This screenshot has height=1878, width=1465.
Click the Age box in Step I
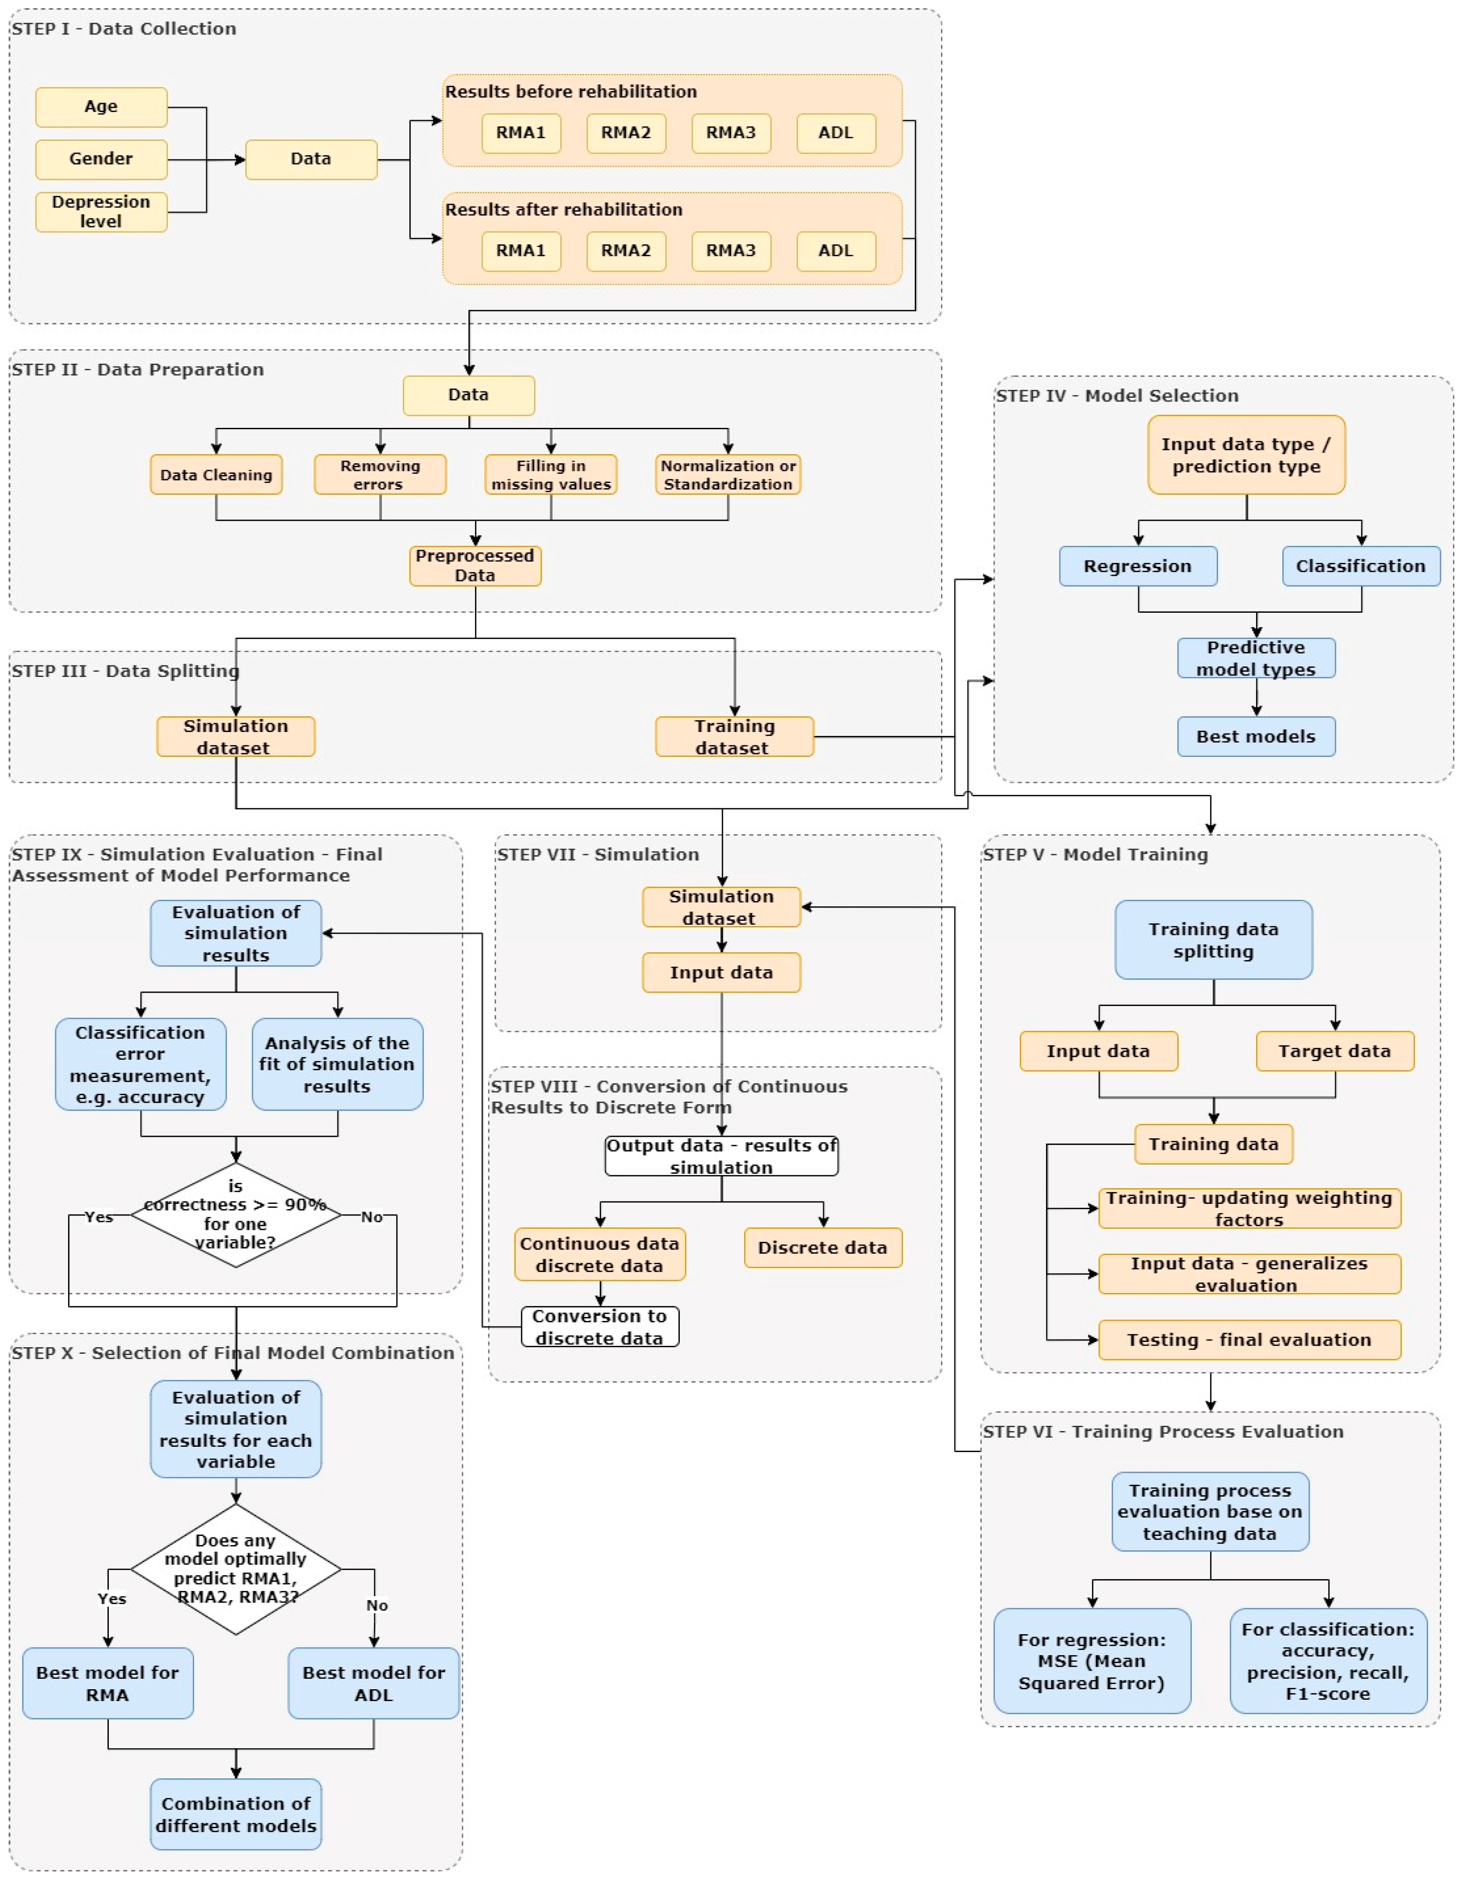[x=101, y=107]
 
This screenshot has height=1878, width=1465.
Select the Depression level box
[x=101, y=212]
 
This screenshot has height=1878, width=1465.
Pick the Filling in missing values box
[x=550, y=475]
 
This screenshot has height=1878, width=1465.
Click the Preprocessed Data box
[x=475, y=566]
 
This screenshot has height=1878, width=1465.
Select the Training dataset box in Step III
[x=734, y=737]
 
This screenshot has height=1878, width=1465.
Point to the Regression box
[x=1137, y=566]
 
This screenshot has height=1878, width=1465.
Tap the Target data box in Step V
[x=1334, y=1051]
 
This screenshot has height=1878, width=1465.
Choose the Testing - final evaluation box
[x=1249, y=1340]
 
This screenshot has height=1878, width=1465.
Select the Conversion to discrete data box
[x=600, y=1327]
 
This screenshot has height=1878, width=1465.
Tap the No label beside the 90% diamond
[x=372, y=1217]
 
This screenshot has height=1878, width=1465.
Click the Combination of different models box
[x=236, y=1814]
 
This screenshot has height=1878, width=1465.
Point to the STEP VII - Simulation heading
[x=598, y=854]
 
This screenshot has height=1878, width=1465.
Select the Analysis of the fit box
[x=337, y=1064]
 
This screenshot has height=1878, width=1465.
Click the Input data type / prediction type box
[x=1245, y=455]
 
